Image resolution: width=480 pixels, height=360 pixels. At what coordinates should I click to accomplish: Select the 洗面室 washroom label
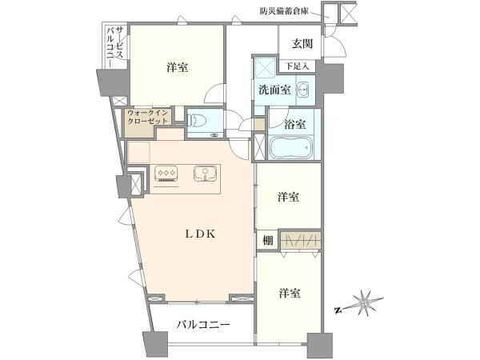point(274,90)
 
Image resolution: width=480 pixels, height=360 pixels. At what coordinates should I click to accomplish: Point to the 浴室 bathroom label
point(295,124)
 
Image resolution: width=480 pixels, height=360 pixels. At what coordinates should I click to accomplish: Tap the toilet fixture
point(199,121)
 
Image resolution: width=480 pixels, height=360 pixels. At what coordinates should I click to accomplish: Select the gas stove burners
point(166,171)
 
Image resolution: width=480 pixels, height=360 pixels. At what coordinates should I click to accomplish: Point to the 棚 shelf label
point(266,241)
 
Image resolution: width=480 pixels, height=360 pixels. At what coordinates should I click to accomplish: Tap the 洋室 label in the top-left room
point(178,68)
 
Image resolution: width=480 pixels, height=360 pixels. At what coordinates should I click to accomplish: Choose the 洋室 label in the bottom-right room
point(290,294)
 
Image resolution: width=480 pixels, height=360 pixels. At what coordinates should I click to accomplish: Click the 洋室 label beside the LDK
point(290,196)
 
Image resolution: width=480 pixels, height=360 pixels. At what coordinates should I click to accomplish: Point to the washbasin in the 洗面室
point(303,89)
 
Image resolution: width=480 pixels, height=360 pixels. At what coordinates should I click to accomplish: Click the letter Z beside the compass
point(338,308)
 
